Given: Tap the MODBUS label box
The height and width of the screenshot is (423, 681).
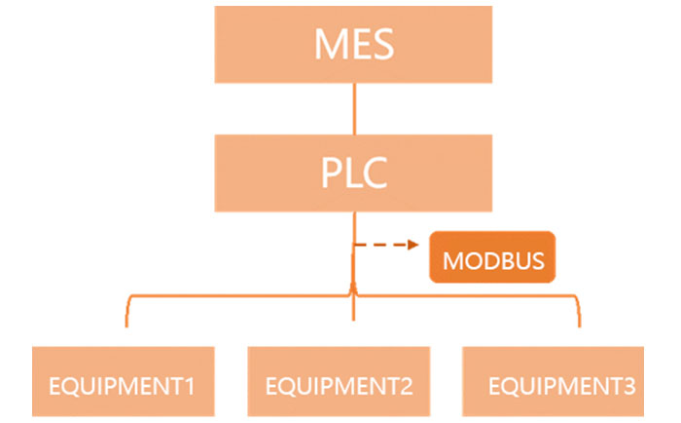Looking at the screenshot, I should tap(492, 261).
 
